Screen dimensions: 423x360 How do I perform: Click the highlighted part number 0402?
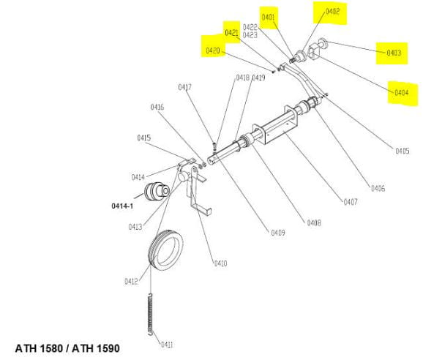pos(332,12)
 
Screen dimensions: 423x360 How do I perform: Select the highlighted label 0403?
pos(394,53)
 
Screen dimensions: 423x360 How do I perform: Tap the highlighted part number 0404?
pos(401,93)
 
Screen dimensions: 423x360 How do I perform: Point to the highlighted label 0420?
pos(212,50)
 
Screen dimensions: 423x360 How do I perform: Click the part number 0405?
pos(403,151)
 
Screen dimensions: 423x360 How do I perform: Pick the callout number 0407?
pos(351,202)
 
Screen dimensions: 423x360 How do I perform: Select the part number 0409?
pos(278,233)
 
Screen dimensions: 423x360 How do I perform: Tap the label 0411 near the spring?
pos(167,345)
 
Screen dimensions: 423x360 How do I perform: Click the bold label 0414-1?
pos(122,206)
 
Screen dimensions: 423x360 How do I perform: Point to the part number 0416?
pos(157,108)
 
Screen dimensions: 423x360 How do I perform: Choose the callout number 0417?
pos(185,87)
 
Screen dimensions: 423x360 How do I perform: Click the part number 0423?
pos(250,35)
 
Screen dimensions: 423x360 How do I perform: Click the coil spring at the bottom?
pos(151,315)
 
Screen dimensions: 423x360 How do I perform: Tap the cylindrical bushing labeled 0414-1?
pos(157,191)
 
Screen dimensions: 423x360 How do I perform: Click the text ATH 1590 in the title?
pos(96,348)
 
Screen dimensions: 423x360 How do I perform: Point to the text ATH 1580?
pos(39,348)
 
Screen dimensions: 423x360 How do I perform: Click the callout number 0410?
pos(220,263)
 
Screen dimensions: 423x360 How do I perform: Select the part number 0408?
pos(314,222)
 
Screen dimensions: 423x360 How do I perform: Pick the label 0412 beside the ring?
pos(131,282)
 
